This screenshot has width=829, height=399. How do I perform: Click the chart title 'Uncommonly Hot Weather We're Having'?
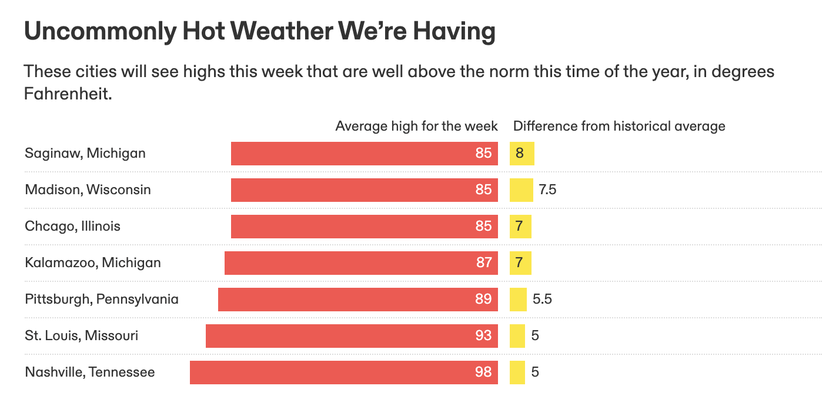259,32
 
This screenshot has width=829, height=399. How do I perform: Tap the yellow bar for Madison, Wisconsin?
521,190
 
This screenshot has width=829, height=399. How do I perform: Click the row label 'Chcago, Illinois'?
72,226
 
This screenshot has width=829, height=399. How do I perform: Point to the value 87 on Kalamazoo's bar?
483,262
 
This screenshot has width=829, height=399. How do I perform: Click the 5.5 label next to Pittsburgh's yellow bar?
542,299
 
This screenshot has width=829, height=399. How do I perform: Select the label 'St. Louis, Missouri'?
81,335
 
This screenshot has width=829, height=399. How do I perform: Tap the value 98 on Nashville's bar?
483,372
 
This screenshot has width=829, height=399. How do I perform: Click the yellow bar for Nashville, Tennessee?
517,372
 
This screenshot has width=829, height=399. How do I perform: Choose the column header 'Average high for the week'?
416,126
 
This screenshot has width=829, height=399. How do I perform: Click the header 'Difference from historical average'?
619,126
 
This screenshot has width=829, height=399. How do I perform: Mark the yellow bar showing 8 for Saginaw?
522,154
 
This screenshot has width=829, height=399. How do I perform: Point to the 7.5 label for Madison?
547,190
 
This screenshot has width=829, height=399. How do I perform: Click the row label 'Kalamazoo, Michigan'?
92,262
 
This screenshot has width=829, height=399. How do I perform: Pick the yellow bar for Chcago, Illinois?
520,227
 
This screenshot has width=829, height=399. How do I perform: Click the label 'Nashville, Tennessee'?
89,372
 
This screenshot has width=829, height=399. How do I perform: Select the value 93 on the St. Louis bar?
483,335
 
